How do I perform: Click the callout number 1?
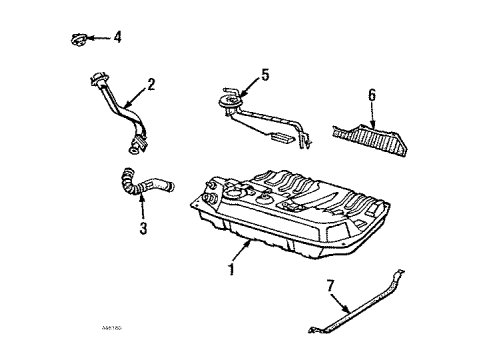[x=232, y=270]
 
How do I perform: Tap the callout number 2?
[x=150, y=86]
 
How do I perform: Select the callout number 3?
[x=142, y=229]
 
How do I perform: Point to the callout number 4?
[x=117, y=38]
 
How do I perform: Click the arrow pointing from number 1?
[x=240, y=254]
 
